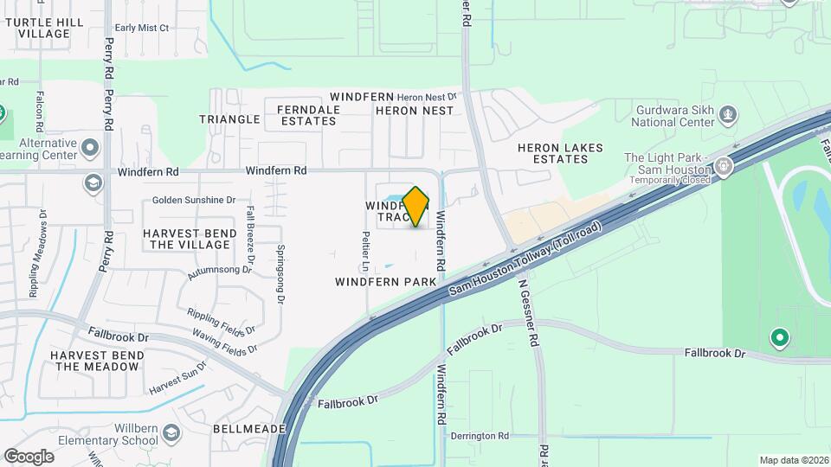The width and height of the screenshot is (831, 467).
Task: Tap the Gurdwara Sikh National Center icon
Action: tap(729, 113)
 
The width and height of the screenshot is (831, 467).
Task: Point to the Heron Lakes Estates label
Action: tap(560, 153)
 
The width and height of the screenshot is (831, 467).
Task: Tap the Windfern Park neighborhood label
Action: tap(385, 282)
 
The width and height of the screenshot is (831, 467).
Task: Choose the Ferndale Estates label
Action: tap(306, 115)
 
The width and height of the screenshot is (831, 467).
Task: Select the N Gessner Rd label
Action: tap(530, 313)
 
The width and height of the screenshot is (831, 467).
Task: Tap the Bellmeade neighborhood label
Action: tap(247, 429)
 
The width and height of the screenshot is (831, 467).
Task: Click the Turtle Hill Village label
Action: tap(43, 28)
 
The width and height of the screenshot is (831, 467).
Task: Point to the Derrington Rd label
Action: tap(479, 436)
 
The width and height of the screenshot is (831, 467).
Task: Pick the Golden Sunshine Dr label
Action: tap(194, 200)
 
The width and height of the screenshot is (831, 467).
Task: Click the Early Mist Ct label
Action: tap(141, 28)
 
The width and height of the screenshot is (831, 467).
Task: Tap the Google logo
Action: tap(29, 456)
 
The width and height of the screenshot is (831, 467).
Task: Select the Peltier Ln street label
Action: tap(367, 246)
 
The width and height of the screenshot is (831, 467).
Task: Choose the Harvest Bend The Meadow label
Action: tap(96, 361)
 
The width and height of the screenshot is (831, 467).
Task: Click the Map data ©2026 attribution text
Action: tap(793, 460)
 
